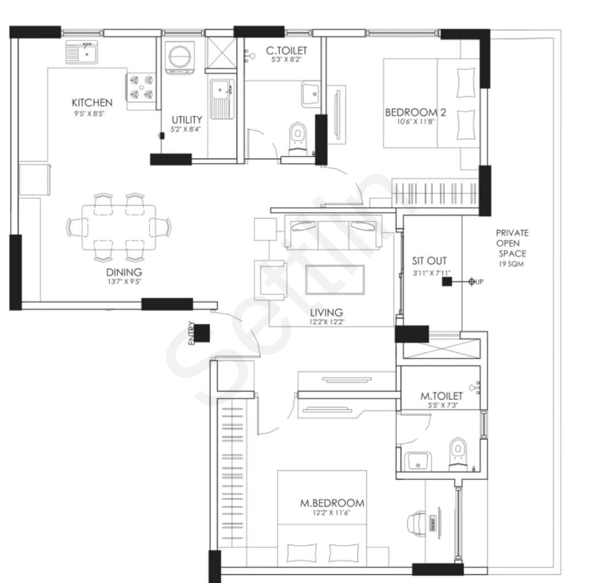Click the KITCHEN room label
pos(92,102)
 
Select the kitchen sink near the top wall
pos(82,53)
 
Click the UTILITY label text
pos(187,119)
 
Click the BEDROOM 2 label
pos(415,112)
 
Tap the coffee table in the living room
pos(334,279)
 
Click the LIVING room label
pos(326,313)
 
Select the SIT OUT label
pos(429,261)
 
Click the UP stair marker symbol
pos(471,282)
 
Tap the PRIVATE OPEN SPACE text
pos(512,243)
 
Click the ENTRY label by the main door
pos(191,333)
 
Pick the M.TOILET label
pos(441,396)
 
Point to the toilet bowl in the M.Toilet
pos(457,452)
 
